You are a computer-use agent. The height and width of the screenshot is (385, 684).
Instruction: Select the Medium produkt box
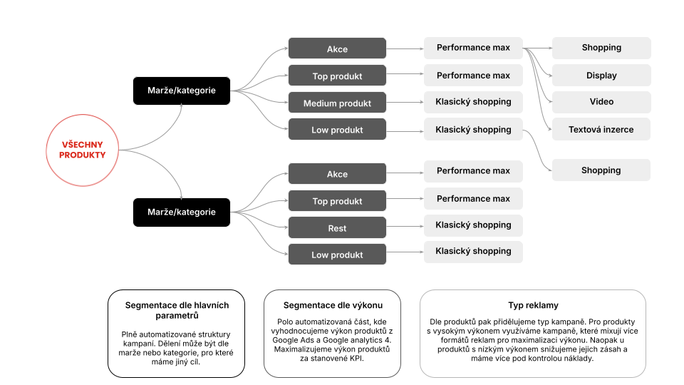coord(337,103)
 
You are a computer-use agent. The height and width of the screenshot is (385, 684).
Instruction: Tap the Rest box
coord(337,228)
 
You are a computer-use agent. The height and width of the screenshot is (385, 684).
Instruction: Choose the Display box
coord(601,75)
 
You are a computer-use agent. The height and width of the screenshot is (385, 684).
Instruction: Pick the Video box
coord(601,102)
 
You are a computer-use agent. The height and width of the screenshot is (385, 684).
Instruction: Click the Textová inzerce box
coord(601,129)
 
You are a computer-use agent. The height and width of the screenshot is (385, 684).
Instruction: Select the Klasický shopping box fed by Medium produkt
coord(473,102)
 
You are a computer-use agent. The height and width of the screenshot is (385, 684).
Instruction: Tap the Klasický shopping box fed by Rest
coord(473,225)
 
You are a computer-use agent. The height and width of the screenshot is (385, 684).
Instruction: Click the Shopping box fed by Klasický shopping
coord(601,170)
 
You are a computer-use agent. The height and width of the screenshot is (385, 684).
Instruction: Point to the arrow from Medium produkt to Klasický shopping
coord(405,102)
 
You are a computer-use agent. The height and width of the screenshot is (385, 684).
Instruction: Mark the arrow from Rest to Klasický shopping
coord(405,226)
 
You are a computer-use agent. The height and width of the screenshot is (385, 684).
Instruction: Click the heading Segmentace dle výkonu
coord(333,305)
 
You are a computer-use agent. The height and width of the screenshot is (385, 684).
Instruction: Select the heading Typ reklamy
coord(533,305)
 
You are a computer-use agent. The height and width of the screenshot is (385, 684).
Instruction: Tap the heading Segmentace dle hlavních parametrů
coord(177,310)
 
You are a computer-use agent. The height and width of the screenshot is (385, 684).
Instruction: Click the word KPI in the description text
coord(356,359)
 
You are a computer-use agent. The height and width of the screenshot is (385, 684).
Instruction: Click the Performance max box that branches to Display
coord(473,48)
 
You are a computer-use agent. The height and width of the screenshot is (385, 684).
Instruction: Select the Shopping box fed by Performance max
coord(601,48)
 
